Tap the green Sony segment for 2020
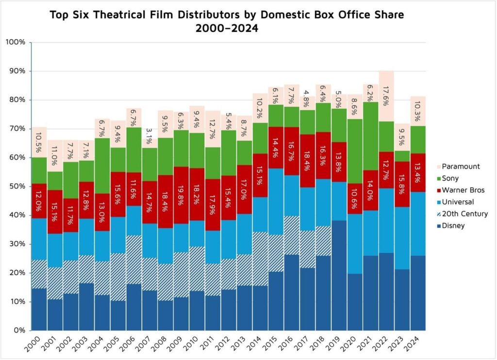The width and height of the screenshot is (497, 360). [x=355, y=151]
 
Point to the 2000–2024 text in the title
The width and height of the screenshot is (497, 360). [x=227, y=28]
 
